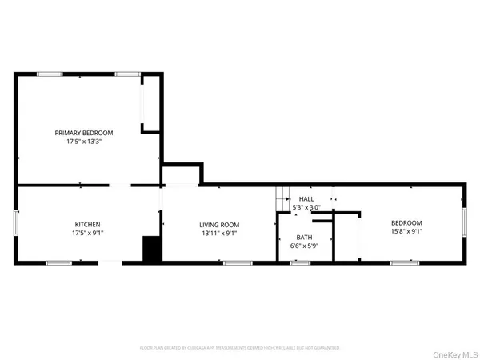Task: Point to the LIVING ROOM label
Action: coord(220,225)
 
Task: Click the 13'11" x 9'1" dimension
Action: coord(220,234)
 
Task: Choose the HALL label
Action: coord(307,198)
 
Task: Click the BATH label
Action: coord(305,238)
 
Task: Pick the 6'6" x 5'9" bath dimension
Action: coord(305,246)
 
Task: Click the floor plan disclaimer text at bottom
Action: coord(240,347)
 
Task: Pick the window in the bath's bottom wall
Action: coord(301,262)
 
